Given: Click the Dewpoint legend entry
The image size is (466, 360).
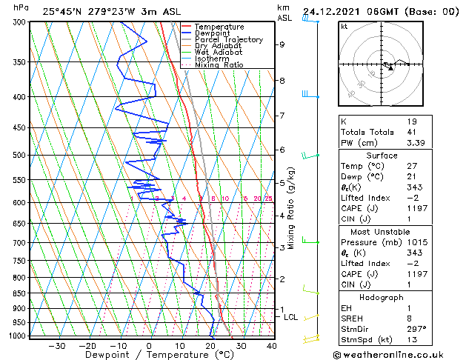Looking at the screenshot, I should pos(219,33).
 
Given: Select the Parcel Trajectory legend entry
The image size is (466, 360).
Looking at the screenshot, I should pos(228,40).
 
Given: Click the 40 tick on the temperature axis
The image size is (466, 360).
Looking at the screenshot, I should pos(272,346).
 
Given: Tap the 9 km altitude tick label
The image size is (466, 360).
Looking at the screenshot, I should pos(282,44).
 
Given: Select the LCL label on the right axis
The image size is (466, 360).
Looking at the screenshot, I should pos(291,318).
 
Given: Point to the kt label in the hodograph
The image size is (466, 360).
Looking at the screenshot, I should pos(344,27).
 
